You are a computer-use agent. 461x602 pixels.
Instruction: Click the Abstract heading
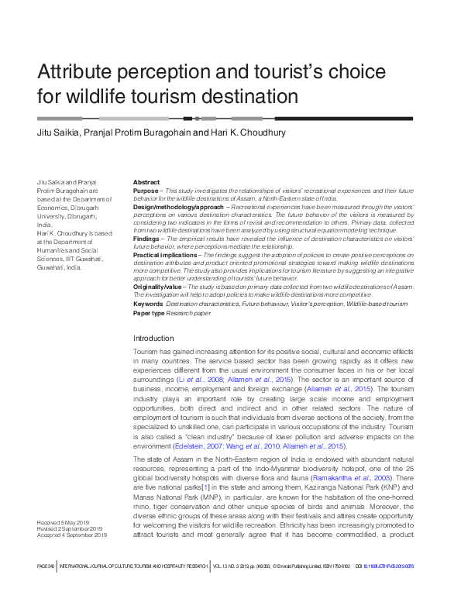pos(146,181)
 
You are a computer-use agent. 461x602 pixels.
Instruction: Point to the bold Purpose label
pos(145,190)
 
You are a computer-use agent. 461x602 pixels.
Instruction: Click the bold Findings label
pos(146,240)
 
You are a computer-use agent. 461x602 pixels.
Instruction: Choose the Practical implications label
pos(165,255)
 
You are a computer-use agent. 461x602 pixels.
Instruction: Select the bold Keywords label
pos(147,304)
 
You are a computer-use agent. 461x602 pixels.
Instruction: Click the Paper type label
pos(148,313)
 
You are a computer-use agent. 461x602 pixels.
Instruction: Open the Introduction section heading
pos(153,339)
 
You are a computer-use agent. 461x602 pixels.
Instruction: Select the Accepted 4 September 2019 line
pos(72,535)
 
